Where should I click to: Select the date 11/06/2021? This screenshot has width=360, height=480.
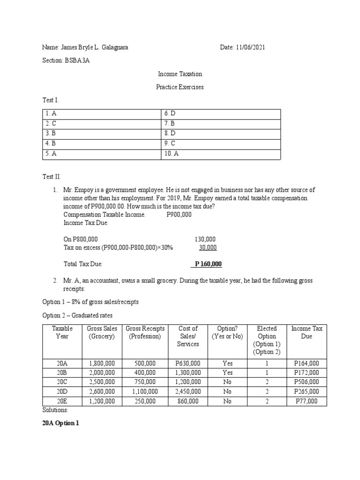pos(252,47)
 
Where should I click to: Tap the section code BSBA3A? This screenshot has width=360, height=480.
pos(76,60)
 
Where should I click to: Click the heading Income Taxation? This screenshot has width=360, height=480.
pos(180,74)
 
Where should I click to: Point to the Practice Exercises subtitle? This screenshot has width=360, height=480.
pos(180,87)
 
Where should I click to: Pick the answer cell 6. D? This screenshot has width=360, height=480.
pos(169,114)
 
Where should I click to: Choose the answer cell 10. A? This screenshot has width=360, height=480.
pos(171,153)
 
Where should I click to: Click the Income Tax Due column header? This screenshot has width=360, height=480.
pos(307,332)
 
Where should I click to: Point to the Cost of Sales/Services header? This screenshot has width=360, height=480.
pos(188,336)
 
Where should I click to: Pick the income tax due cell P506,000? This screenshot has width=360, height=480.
pos(306,382)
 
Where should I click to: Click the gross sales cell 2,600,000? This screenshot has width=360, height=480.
pos(102,391)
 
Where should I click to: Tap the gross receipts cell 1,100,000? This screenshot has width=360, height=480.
pos(144,391)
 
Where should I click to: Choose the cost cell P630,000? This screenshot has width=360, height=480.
pos(187,363)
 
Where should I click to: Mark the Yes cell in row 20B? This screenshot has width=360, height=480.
pos(227,373)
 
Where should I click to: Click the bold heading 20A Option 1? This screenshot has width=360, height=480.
pos(61,423)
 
